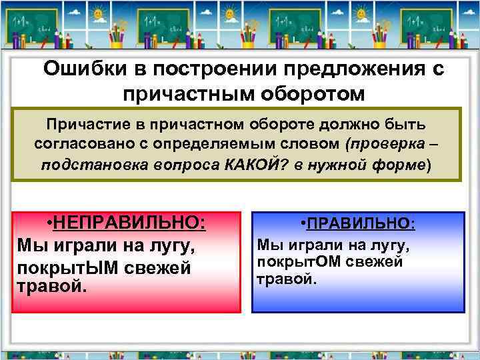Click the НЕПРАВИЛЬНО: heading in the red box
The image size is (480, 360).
(x=127, y=221)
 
